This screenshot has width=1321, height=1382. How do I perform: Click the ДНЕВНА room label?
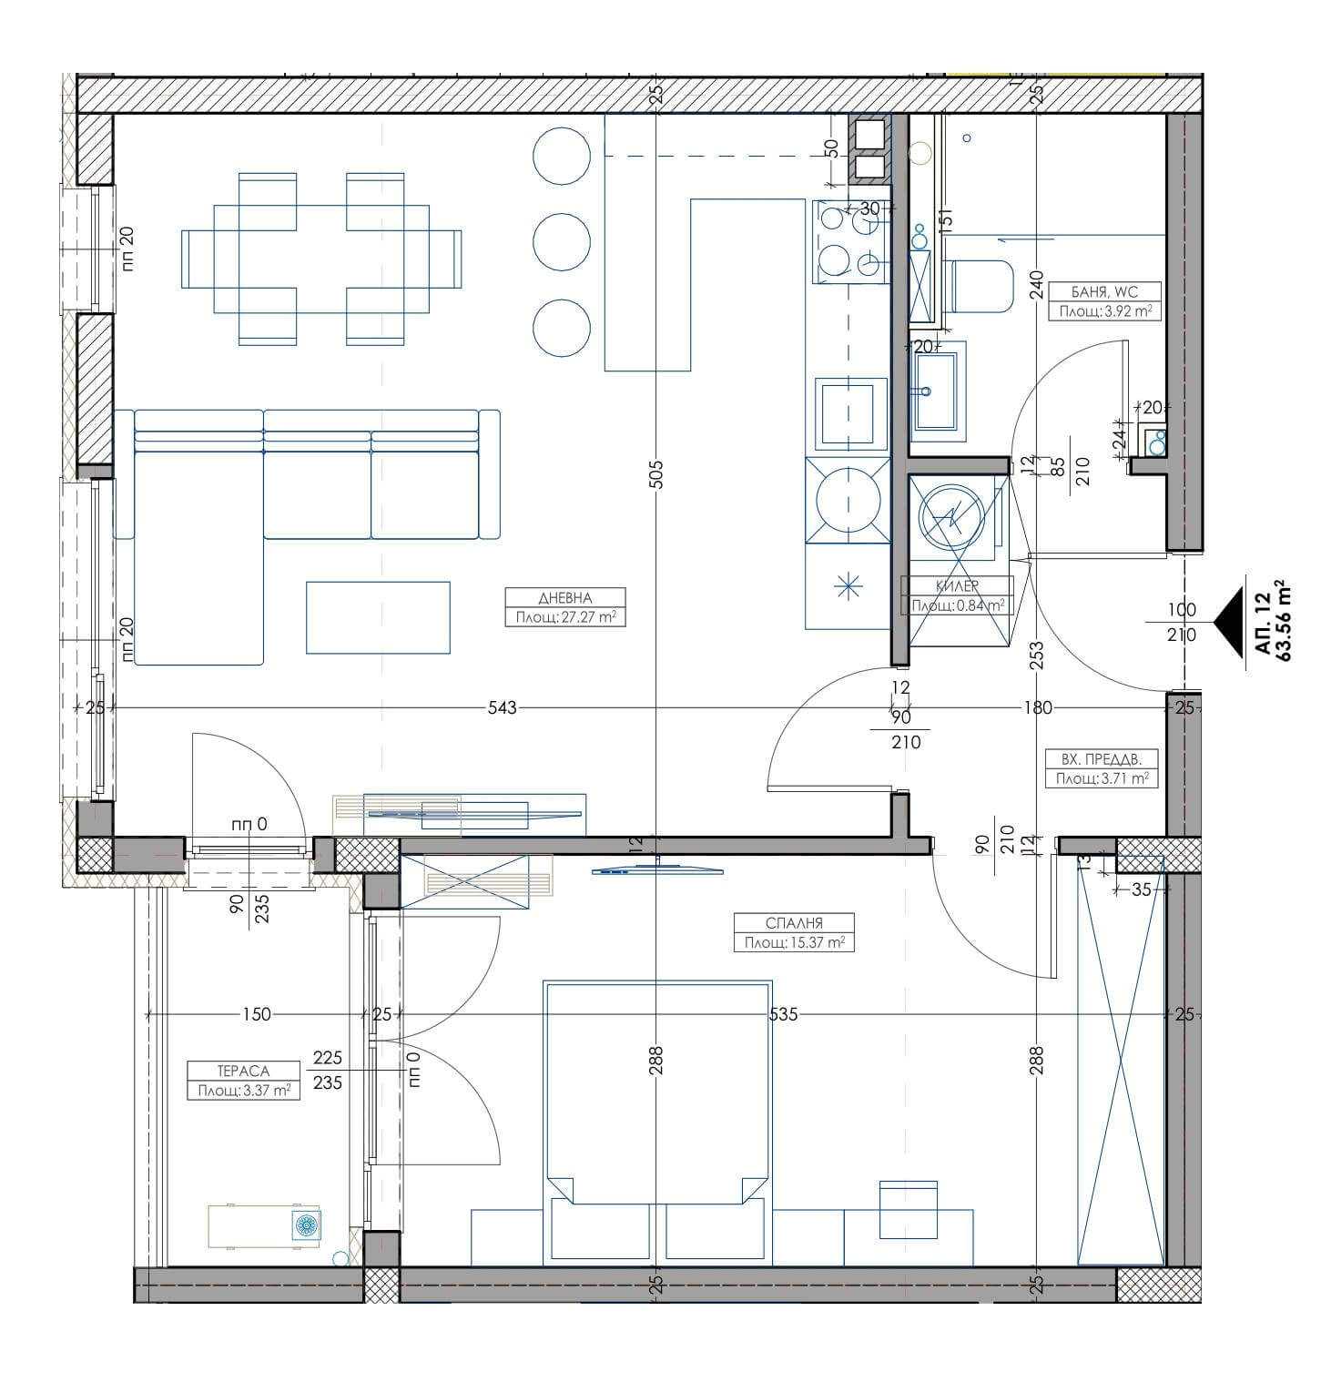565,598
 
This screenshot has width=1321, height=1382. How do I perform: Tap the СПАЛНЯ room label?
795,923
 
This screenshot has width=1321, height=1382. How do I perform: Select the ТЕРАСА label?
244,1072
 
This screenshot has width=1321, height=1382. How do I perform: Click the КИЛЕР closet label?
957,587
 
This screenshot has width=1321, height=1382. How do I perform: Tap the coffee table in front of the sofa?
378,617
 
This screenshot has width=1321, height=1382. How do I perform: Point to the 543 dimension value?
502,707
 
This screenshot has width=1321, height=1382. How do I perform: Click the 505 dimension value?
657,473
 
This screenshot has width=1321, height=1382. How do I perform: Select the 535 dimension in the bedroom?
783,1013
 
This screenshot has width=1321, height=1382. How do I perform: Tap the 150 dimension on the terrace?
258,1013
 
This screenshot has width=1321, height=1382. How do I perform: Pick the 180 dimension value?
1038,707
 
